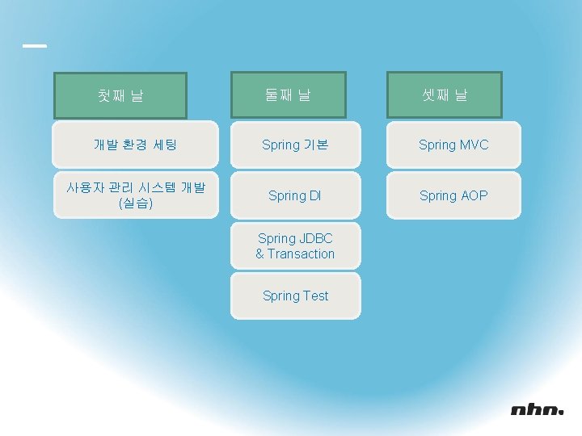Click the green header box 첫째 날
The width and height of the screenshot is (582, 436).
tap(120, 95)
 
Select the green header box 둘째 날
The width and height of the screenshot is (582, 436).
tap(288, 94)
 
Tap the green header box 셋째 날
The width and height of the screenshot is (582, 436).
tap(445, 94)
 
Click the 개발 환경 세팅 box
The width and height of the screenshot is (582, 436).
tap(135, 145)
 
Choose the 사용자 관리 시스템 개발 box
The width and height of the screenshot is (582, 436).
tap(135, 195)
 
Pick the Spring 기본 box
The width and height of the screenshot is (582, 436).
tap(295, 145)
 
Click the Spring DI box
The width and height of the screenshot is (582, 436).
tap(295, 195)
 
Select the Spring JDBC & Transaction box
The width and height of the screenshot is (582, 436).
tap(295, 246)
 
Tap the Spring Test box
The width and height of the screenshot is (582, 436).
tap(295, 296)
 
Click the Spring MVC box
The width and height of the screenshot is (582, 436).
tap(453, 145)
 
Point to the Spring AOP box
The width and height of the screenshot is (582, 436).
tap(453, 195)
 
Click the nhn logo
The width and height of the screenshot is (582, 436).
tap(537, 410)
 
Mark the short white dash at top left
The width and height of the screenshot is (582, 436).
tap(35, 46)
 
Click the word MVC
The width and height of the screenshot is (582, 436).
tap(474, 145)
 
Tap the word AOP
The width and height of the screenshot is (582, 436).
tap(474, 195)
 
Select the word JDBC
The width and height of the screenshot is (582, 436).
tap(316, 238)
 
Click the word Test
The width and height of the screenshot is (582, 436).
tap(316, 296)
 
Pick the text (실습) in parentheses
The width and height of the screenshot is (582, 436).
tap(136, 203)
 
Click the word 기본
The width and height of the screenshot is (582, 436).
tap(316, 145)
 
